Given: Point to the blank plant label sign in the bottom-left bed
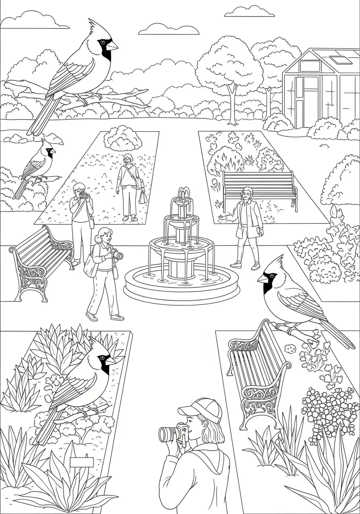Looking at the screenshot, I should point(82,462).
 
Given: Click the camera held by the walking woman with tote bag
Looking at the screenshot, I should point(117,255).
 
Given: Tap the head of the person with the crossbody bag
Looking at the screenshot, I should point(128,159).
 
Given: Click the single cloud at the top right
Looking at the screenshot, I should point(250,12).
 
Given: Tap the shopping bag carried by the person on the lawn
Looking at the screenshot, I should point(142,198).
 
